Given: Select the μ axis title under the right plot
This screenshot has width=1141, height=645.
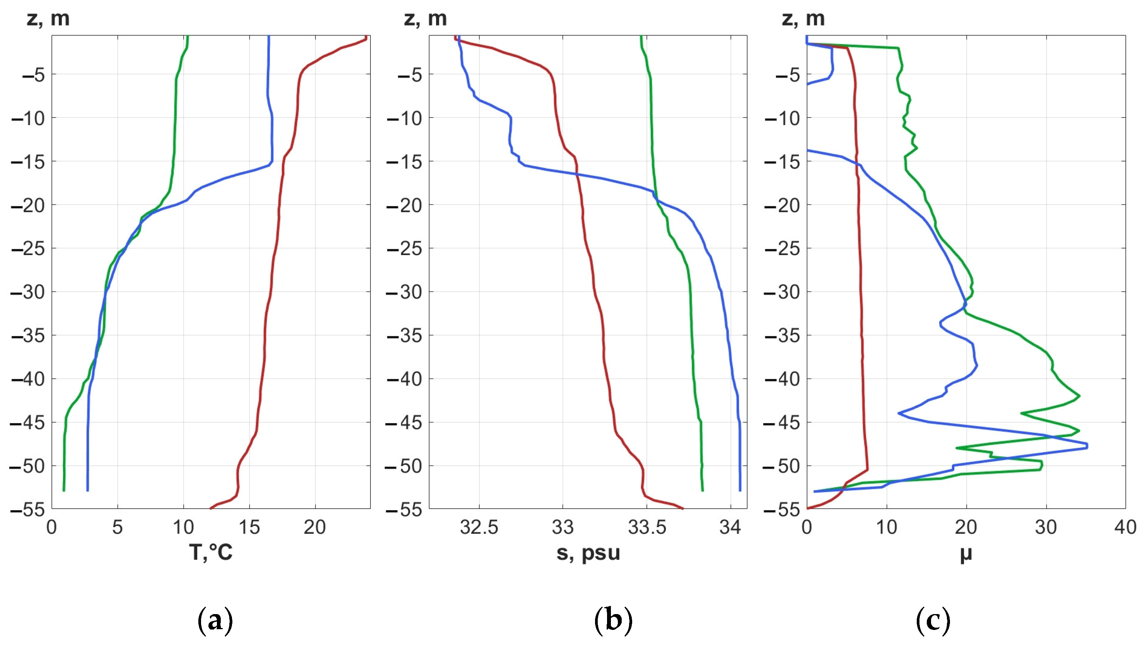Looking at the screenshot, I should pos(966,554).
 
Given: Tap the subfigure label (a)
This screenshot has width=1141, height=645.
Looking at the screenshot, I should pos(215,620).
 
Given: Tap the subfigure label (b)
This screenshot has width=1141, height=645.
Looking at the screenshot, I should pos(613,620).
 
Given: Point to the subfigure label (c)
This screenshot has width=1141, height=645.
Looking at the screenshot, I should pos(933,620).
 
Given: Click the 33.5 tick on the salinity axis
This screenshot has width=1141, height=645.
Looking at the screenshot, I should pos(647,527).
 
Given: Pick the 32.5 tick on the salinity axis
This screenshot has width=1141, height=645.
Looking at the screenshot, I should pos(479,527).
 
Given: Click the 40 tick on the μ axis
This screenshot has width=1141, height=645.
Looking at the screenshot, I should pos(1125,527).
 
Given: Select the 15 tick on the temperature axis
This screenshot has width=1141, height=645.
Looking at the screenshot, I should pos(249,527).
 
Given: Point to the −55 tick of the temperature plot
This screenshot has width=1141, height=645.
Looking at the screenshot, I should pos(27,509).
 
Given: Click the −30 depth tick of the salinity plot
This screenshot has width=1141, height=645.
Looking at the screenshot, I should pos(404,292).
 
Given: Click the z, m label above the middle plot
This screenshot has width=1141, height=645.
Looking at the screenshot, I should pos(425,19).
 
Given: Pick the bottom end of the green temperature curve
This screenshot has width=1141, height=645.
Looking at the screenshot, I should pos(64,490).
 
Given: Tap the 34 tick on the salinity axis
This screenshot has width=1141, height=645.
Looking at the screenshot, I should pos(730,527).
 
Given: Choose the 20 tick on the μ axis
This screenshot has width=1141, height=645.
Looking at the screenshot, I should pos(966,527).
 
